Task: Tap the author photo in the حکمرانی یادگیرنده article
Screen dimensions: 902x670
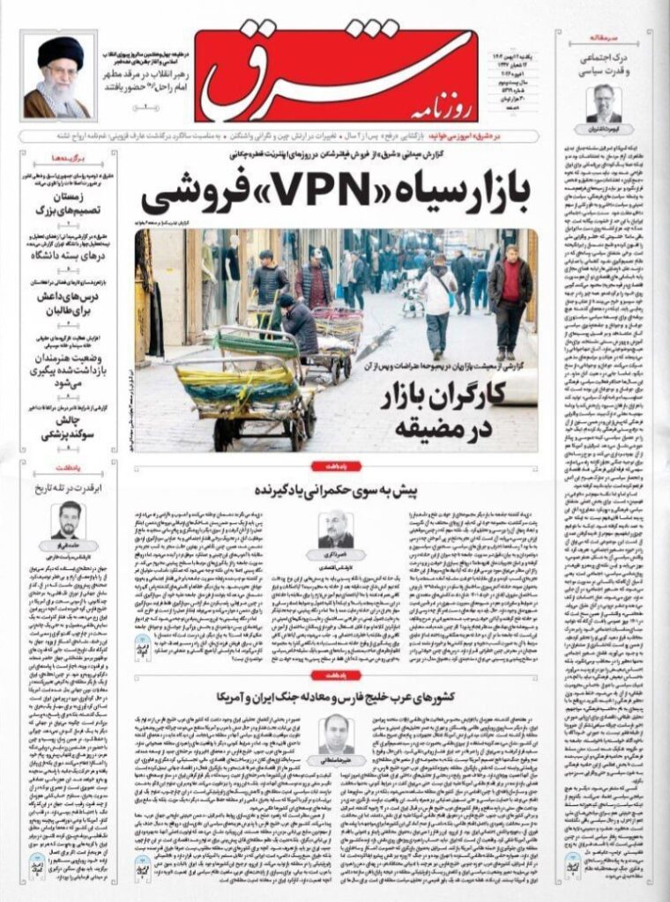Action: [x=336, y=529]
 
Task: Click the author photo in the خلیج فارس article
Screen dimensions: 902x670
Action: [x=336, y=733]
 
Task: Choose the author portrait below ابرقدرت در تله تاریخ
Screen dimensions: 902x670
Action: [x=68, y=521]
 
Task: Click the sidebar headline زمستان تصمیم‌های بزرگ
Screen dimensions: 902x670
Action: [x=69, y=203]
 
